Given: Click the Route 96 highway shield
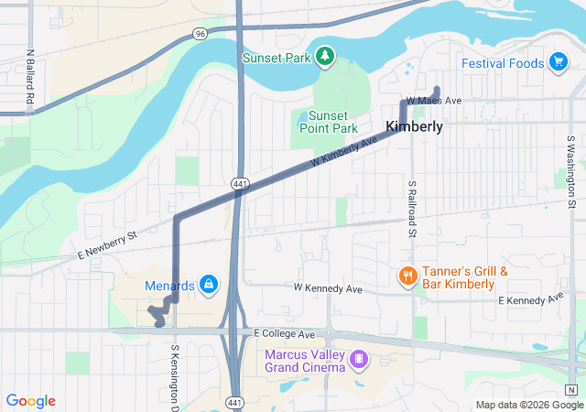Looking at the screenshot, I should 201,33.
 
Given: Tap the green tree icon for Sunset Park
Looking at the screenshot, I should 324,58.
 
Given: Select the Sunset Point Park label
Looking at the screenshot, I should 327,123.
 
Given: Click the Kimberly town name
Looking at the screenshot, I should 415,126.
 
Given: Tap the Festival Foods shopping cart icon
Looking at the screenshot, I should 558,62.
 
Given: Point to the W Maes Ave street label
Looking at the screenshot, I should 434,100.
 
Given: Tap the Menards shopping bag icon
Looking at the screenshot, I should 209,285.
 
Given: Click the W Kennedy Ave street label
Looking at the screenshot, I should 328,289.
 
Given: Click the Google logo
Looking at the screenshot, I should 31,401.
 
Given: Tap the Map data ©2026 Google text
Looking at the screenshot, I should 529,405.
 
